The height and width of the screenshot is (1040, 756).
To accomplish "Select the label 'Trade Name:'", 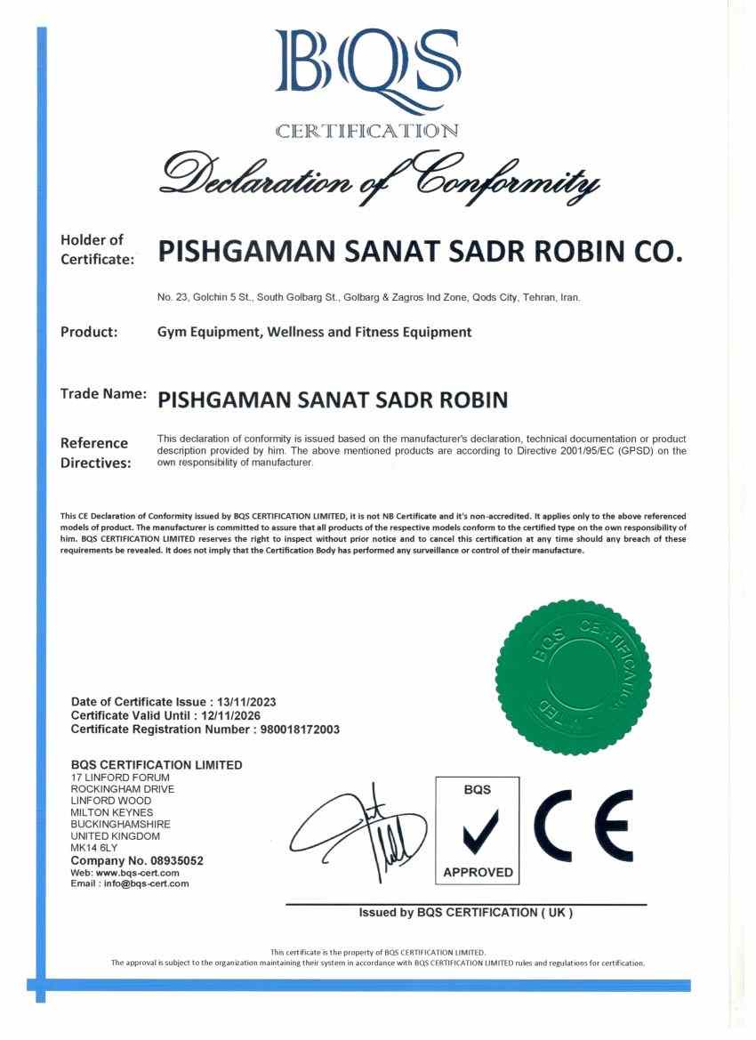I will click(102, 392).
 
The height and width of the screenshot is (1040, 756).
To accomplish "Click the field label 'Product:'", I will click(89, 333).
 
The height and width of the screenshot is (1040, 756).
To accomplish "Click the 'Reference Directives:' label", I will click(94, 453).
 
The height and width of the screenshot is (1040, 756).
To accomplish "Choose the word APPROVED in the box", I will click(479, 872).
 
